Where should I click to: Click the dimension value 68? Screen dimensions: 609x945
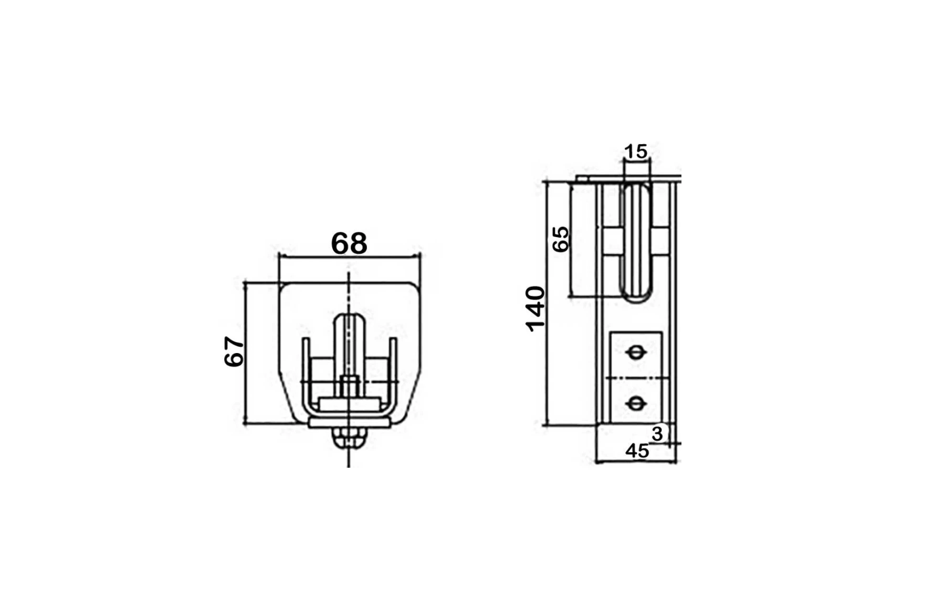(x=349, y=243)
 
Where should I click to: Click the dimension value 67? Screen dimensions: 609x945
(x=234, y=351)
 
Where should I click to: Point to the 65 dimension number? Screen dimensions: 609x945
(x=561, y=239)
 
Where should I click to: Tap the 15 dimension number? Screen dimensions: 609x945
(x=636, y=152)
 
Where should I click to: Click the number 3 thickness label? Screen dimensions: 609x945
(x=657, y=434)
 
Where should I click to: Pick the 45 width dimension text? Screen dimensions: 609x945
(x=637, y=451)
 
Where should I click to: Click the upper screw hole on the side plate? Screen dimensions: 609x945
(x=636, y=353)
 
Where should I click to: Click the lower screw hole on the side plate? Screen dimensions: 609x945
(x=636, y=403)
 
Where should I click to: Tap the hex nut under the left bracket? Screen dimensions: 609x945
(x=349, y=439)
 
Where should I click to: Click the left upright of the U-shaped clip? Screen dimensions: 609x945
(x=306, y=367)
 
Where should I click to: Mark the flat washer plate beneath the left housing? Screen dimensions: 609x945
(x=349, y=423)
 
